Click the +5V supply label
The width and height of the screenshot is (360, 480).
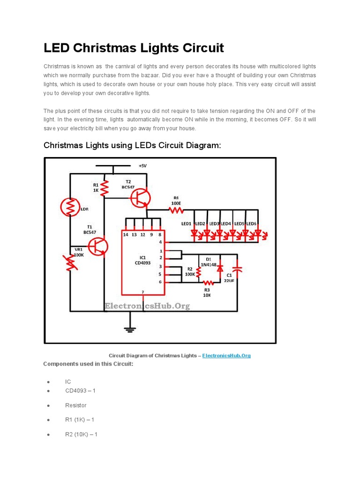(142, 166)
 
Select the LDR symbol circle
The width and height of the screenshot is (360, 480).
(70, 207)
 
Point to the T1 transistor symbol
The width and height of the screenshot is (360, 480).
(99, 246)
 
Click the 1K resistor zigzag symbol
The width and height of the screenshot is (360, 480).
(104, 188)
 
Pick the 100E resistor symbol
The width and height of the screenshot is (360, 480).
(176, 210)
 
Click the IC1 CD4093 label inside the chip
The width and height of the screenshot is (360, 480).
(143, 260)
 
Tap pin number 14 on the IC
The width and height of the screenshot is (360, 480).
(126, 234)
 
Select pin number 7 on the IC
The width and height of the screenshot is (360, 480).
(143, 292)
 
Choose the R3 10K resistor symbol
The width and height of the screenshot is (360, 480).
(207, 283)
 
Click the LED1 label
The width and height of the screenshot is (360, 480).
(187, 224)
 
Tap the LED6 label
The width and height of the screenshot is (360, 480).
(252, 224)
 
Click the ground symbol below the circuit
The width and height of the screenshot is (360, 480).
(130, 329)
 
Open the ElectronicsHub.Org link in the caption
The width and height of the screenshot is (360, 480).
(226, 356)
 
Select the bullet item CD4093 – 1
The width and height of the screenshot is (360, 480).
(80, 390)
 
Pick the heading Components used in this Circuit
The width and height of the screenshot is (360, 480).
(88, 364)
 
